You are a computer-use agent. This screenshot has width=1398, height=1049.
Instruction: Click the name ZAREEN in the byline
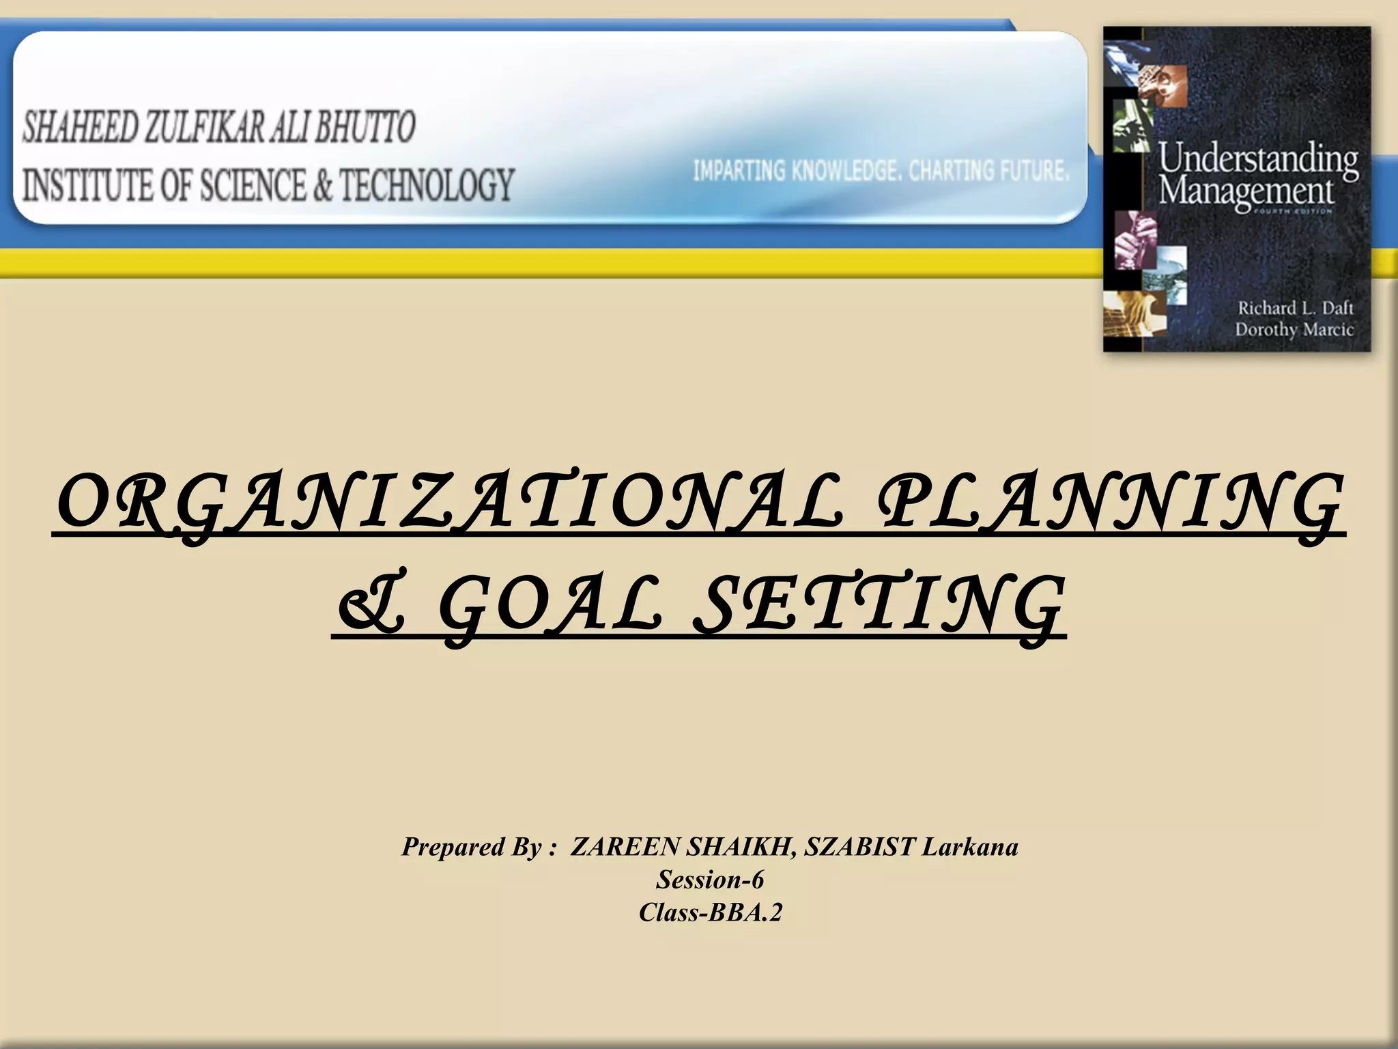click(625, 847)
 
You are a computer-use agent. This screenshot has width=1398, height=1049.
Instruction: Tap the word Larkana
click(969, 847)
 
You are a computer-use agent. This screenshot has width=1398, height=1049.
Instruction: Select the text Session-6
click(710, 880)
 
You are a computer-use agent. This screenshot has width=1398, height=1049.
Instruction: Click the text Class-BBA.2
click(710, 912)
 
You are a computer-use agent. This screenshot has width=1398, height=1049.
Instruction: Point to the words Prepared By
click(472, 847)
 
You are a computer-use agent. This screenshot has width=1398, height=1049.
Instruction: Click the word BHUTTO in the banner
click(365, 127)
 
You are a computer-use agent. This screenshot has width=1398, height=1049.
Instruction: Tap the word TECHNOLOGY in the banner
click(427, 185)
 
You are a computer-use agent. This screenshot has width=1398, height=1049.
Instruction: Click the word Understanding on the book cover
click(1257, 159)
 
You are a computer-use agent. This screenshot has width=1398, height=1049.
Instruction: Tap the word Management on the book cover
click(1245, 191)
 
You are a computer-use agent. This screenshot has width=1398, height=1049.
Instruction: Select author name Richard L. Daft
click(1294, 308)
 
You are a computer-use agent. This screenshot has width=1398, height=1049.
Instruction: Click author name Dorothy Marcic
click(1293, 330)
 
